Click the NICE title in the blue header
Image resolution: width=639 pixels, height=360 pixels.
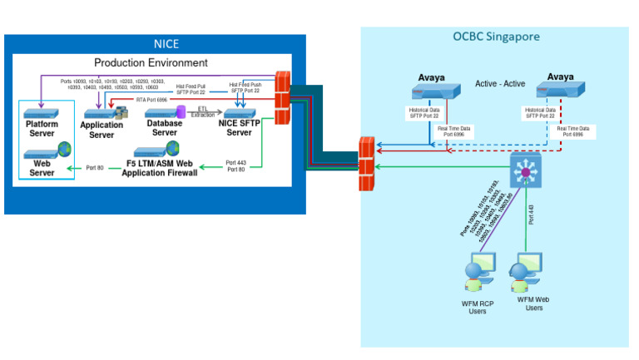pos(166,44)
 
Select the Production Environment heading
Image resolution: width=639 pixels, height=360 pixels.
pos(151,62)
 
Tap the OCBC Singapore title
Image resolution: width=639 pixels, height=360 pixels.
pos(496,37)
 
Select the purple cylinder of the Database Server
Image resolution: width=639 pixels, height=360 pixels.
pos(163,108)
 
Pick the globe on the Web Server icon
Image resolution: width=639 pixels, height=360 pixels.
pos(65,150)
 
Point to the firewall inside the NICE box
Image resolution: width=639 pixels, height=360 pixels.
pos(281,91)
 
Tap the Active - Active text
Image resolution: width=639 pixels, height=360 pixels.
pos(500,84)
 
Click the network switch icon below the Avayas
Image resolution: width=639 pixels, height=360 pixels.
pos(525,170)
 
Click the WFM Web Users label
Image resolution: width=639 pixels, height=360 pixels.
pos(532,303)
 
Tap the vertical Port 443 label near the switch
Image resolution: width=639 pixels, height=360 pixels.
pos(530,215)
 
